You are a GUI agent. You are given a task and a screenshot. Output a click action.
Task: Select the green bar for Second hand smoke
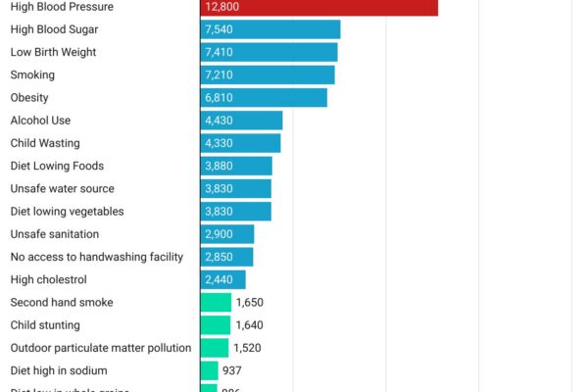(216, 303)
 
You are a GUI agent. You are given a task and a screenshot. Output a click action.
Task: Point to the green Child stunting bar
(216, 325)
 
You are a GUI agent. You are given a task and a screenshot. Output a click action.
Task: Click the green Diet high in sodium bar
(209, 370)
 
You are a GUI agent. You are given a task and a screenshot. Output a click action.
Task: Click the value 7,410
(219, 52)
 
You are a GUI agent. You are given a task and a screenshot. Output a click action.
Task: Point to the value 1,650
(250, 303)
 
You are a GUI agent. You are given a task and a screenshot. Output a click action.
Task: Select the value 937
(231, 370)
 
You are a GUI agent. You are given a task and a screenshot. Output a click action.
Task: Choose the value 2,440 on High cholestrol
(219, 279)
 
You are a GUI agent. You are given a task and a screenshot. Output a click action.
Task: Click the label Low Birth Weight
(53, 52)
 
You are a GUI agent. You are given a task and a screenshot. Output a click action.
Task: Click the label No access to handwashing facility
(96, 257)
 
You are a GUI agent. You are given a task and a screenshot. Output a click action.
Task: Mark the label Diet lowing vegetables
(67, 212)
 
